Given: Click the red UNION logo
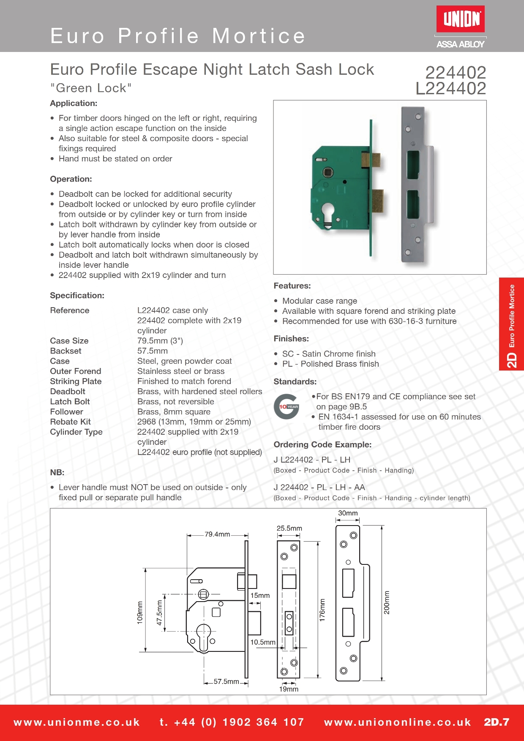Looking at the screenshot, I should tap(460, 19).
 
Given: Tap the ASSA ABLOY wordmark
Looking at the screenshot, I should tap(460, 44).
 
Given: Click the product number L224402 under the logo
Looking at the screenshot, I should tap(450, 89).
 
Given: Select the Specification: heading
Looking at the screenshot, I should tap(77, 295).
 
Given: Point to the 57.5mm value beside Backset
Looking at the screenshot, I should tap(152, 351).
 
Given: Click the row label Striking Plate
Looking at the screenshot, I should tap(76, 381).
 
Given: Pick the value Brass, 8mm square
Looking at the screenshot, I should tap(174, 412).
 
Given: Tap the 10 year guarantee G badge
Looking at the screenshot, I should tap(287, 407).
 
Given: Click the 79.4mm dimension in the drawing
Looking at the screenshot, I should tap(217, 534).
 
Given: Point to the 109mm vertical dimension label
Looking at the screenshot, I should tap(140, 613).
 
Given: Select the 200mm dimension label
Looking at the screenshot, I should tap(387, 602).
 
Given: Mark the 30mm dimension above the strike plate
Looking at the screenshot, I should tap(348, 513).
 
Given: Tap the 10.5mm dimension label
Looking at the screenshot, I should tap(262, 642).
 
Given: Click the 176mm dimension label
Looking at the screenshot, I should tap(322, 610).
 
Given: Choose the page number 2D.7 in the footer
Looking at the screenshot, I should tap(497, 722).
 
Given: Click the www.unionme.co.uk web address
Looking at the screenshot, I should tap(76, 722).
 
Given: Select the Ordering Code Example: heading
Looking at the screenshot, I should tap(322, 444).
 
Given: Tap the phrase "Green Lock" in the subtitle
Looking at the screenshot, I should tap(91, 88).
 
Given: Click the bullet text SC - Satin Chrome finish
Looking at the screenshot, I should tap(329, 354).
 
